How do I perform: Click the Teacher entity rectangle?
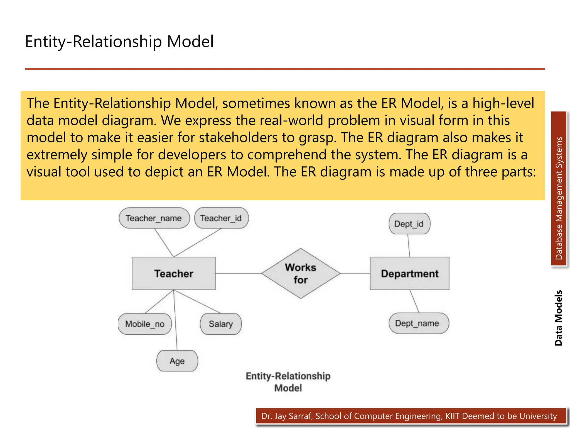[x=173, y=273]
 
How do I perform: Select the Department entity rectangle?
[x=409, y=273]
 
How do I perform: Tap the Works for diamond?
[x=301, y=273]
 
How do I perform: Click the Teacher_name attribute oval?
[x=154, y=218]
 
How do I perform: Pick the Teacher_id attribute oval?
[x=221, y=218]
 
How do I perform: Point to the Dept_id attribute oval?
[x=409, y=224]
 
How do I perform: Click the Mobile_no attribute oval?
[x=145, y=324]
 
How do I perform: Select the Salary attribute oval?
[x=221, y=324]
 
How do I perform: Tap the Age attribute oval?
[x=177, y=361]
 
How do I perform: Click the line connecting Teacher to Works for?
[x=238, y=273]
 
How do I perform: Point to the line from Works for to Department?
[x=355, y=273]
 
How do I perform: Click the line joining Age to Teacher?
[x=175, y=320]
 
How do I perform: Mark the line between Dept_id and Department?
[x=409, y=245]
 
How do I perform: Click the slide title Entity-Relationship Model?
[x=119, y=42]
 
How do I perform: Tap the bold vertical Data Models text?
[x=558, y=318]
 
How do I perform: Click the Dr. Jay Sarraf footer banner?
[x=409, y=416]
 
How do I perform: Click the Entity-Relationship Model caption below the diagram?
[x=288, y=382]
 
